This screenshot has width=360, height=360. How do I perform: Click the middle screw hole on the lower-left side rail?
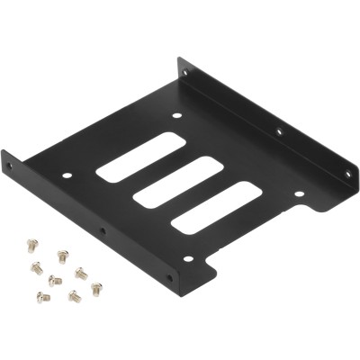(103, 231)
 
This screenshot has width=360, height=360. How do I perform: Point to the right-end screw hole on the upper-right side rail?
(347, 174)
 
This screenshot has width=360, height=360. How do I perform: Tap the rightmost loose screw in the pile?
(96, 288)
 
